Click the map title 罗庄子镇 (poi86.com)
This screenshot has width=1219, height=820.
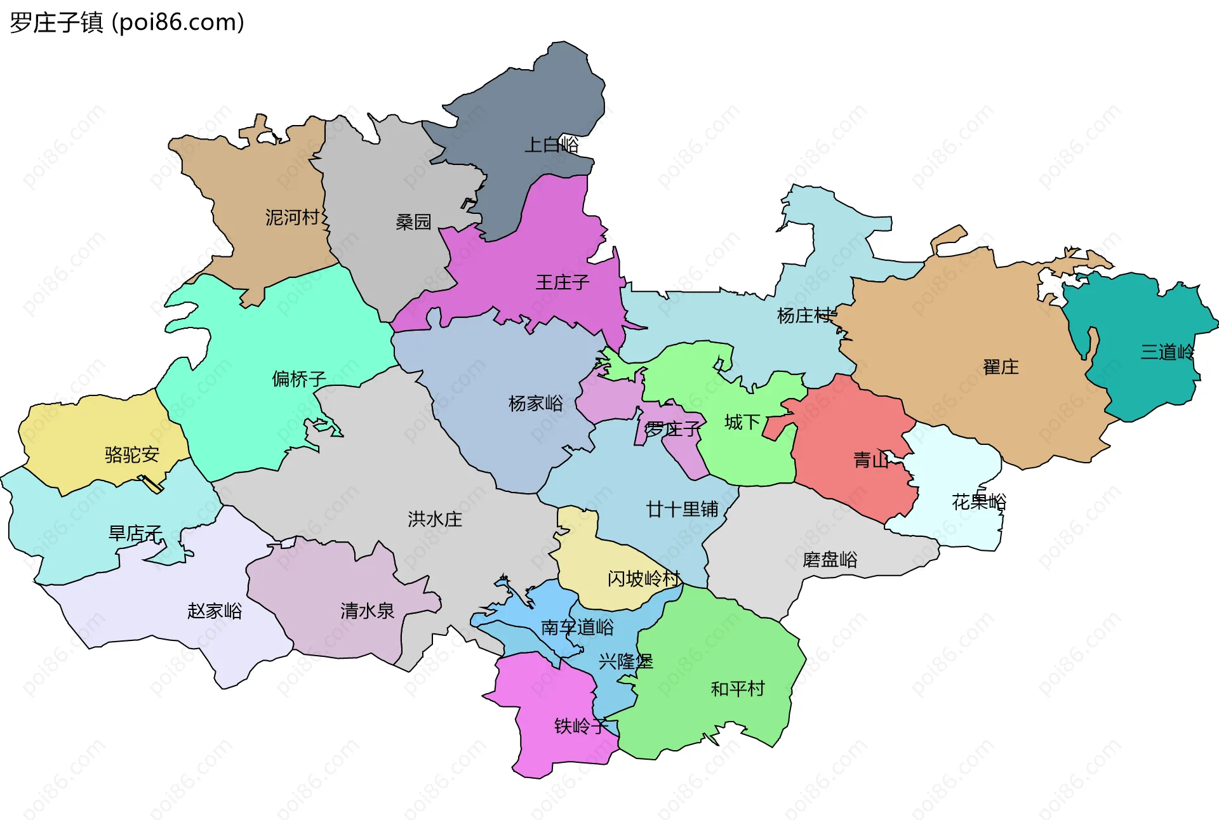click(127, 23)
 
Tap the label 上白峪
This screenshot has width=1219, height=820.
click(551, 145)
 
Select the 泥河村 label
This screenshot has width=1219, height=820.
click(292, 218)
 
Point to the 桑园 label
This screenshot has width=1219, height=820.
click(413, 222)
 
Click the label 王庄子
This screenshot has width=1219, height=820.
click(563, 282)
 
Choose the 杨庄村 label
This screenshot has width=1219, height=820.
click(804, 315)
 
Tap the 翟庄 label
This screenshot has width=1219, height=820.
click(1001, 367)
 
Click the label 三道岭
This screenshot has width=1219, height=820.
click(1167, 352)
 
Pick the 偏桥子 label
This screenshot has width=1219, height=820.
click(299, 379)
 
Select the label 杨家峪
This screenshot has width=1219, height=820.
click(536, 403)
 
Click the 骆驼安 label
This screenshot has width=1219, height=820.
click(132, 454)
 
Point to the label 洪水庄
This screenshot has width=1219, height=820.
click(435, 519)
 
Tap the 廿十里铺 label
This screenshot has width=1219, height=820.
click(682, 509)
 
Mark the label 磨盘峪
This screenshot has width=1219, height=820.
click(830, 559)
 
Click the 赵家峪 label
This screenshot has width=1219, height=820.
click(215, 611)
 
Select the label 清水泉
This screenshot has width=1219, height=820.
click(367, 611)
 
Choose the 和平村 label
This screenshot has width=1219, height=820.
click(738, 689)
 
